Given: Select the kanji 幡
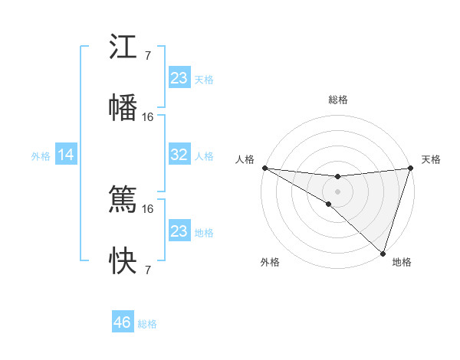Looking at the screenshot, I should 123,108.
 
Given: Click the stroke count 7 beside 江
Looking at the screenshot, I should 148,56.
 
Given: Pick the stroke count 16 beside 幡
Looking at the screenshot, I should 148,117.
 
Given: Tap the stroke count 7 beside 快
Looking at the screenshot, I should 148,270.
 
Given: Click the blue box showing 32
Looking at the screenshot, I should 179,155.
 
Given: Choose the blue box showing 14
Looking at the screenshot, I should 66,155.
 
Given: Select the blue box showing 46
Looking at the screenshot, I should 123,322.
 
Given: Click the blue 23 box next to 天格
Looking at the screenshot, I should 179,78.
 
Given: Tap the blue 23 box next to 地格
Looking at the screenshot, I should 179,231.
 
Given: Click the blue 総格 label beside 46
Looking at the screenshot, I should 147,324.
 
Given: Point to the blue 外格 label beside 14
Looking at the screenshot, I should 41,156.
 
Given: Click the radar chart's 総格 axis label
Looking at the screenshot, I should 337,100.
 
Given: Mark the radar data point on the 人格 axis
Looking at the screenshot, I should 264,168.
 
